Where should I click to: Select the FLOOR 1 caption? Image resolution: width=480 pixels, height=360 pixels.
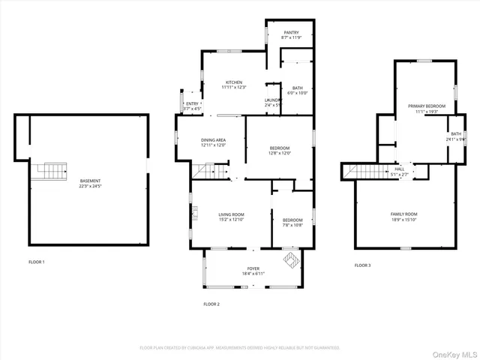[37, 262]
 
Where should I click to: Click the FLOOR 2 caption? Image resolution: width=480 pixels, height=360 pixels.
[211, 304]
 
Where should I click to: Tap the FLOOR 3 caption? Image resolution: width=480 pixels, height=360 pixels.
[362, 265]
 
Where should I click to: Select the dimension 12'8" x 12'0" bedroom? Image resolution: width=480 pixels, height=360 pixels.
[280, 153]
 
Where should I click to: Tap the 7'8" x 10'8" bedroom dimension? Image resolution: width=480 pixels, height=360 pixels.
[293, 204]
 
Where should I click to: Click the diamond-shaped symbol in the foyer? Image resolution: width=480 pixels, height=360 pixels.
[289, 260]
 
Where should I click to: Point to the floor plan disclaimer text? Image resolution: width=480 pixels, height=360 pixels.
[240, 347]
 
